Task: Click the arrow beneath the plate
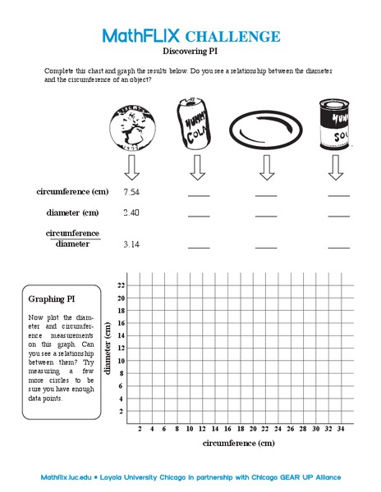tap(265, 168)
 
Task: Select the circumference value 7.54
tap(131, 192)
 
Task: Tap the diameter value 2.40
tap(131, 213)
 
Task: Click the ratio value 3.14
tap(131, 244)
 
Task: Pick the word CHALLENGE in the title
tap(233, 37)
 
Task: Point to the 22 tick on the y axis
tap(121, 285)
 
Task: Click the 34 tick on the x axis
tap(341, 429)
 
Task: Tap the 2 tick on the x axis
tap(140, 429)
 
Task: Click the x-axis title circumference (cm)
tap(238, 444)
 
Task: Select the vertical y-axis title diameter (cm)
tap(108, 348)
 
